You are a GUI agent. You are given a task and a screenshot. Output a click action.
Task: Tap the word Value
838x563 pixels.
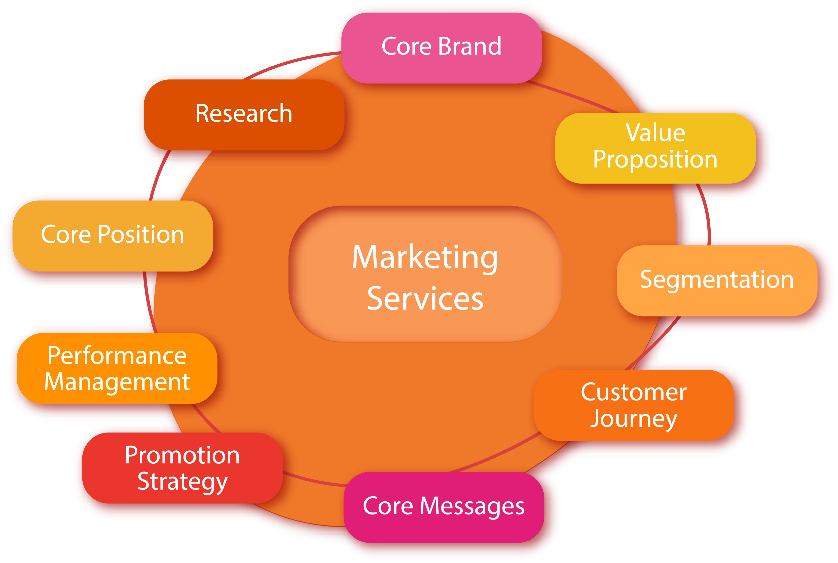click(x=655, y=133)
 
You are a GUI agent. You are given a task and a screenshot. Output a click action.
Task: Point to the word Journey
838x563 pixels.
click(x=634, y=419)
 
